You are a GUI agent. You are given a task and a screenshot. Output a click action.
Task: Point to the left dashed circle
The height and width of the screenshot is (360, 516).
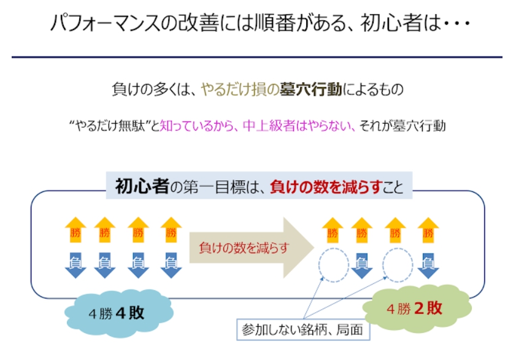pyautogui.click(x=333, y=264)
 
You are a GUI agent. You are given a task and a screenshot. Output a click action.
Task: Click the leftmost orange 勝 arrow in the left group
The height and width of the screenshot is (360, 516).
pyautogui.click(x=75, y=230)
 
